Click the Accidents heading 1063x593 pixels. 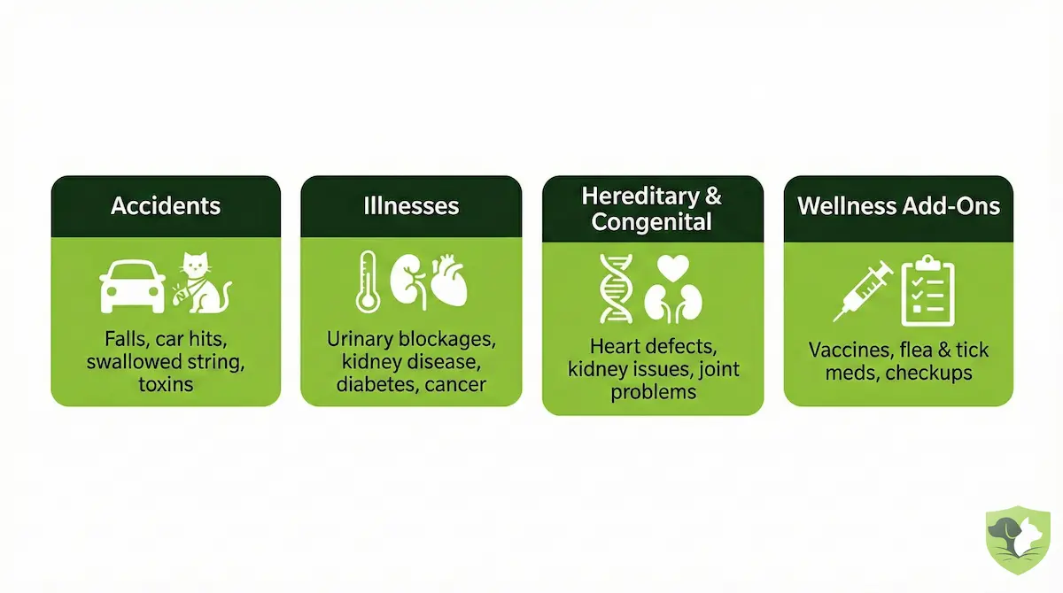pos(166,206)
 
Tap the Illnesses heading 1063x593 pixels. pos(411,206)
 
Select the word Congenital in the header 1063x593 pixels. pos(652,221)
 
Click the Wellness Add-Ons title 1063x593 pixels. pos(898,206)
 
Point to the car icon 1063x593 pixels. pos(133,286)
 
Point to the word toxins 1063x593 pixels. pos(166,384)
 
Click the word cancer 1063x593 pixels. pos(455,384)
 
